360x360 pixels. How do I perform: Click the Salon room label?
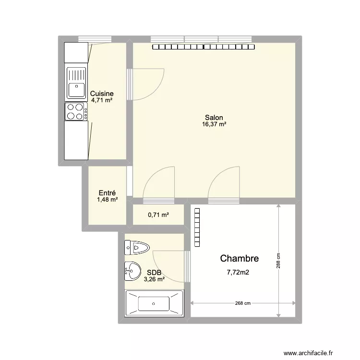tap(214, 118)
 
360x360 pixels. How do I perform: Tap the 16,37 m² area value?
tap(214, 124)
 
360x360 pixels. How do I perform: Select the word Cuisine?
tap(102, 94)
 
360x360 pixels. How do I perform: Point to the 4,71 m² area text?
tap(102, 100)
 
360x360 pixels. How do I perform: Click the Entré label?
tap(107, 193)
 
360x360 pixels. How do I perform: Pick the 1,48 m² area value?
tap(107, 200)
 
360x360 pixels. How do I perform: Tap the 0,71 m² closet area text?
tap(158, 215)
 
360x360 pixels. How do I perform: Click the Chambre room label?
tap(239, 258)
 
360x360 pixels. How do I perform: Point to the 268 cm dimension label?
tap(243, 303)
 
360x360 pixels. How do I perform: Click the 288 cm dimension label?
tap(278, 261)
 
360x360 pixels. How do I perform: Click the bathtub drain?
tap(154, 303)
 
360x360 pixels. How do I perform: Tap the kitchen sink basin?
tap(76, 90)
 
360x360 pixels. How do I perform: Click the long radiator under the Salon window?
tap(204, 47)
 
